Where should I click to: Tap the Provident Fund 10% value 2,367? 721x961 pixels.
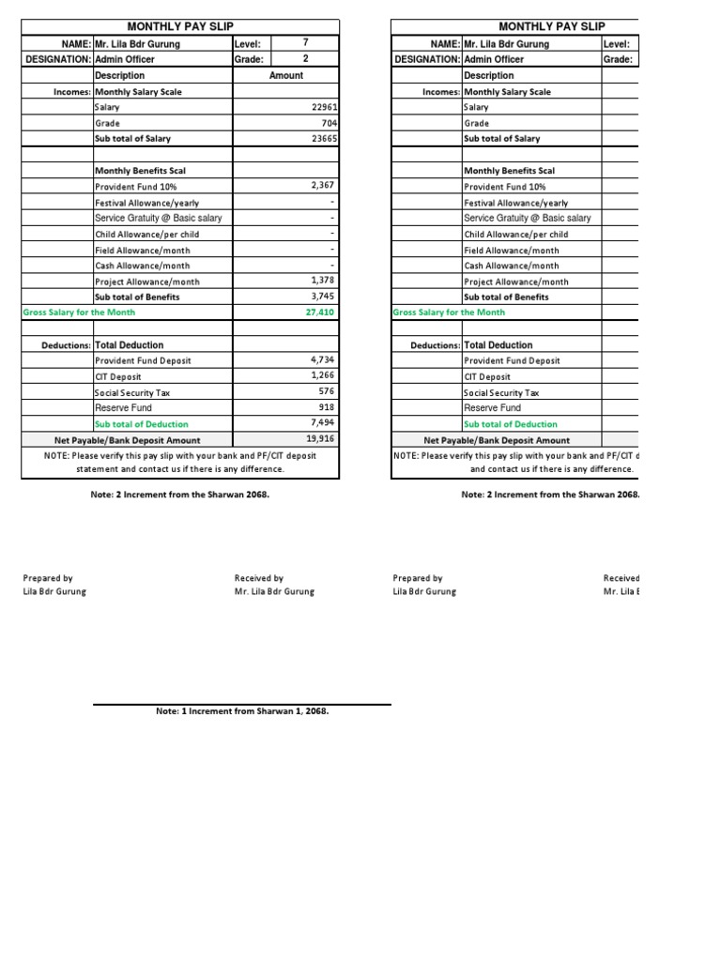point(322,186)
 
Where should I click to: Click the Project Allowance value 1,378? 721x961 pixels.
point(322,281)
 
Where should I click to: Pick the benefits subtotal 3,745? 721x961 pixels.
point(322,297)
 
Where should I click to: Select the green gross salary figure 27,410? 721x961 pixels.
point(320,313)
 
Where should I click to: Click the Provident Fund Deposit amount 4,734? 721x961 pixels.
point(322,359)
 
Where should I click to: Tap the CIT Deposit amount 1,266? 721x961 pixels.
point(322,375)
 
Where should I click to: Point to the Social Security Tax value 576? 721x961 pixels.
point(327,391)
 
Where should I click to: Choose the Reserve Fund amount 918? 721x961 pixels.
point(327,408)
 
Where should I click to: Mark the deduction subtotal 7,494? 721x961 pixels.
point(322,423)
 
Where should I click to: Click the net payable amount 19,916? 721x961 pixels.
point(320,439)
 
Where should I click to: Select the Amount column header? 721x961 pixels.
point(286,75)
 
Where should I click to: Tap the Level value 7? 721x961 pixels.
point(305,43)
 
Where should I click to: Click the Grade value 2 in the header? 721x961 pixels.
point(305,59)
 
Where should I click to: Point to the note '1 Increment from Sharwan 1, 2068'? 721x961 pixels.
point(242,711)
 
